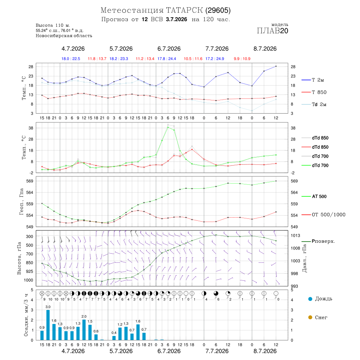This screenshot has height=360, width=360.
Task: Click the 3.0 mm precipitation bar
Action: click(48, 325)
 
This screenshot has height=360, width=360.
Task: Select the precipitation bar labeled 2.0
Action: click(84, 330)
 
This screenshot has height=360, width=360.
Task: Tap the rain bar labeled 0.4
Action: click(114, 338)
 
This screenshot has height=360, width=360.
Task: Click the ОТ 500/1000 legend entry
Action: click(323, 215)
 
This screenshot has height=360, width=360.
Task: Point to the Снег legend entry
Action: click(318, 317)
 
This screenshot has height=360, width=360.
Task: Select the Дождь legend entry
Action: click(320, 299)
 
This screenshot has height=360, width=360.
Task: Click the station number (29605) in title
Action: click(218, 10)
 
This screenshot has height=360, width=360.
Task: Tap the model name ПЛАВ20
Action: click(272, 31)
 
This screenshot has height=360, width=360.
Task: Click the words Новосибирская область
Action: click(64, 36)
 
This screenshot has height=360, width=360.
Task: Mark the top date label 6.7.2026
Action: click(169, 49)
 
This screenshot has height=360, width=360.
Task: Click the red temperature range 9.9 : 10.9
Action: click(242, 59)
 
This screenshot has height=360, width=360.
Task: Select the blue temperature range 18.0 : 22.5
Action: click(71, 59)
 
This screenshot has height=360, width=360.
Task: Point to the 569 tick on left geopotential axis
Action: click(30, 181)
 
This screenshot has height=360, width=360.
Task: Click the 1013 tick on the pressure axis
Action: click(295, 235)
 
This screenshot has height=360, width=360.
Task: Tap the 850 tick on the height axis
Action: click(29, 263)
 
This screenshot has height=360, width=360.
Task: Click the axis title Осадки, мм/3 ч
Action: click(26, 315)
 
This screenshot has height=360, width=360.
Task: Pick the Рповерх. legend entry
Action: click(318, 241)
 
